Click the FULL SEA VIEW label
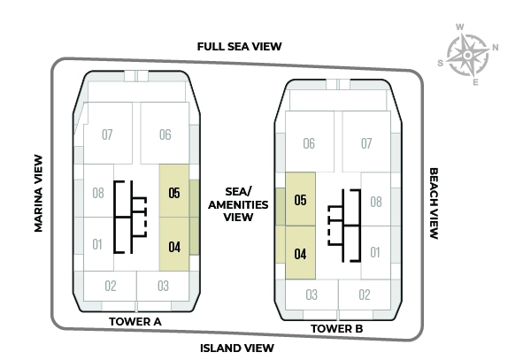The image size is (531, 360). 240,46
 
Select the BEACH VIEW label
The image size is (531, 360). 434,204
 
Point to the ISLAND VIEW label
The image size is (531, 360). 237,347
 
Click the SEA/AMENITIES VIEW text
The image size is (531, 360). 237,203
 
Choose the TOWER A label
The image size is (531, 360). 135,321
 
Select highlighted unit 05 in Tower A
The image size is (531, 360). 174,193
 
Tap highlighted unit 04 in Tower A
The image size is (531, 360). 174,246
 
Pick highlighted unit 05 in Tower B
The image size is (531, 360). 300,200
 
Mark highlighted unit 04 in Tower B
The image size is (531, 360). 300,254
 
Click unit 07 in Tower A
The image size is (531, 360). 107,134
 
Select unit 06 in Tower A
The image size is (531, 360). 165,134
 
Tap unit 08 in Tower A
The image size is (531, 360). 97,193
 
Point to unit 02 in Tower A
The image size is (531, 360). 111,286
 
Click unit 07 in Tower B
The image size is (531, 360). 366,142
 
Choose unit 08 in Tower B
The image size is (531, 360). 375,202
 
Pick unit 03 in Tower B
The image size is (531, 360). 312,295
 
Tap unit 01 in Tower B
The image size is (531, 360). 375,254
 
